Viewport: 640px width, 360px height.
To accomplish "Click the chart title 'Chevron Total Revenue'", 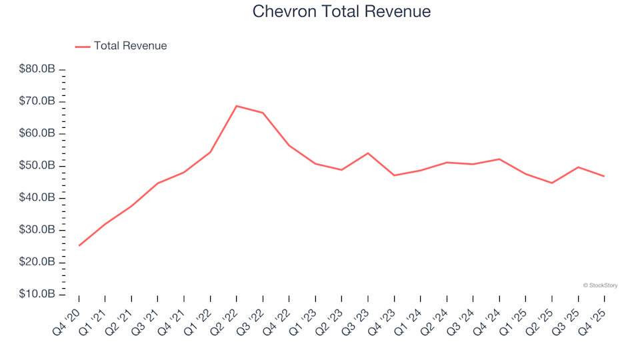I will (341, 12).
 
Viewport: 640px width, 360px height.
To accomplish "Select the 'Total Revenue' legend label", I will (130, 46).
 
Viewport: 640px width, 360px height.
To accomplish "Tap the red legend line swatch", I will (83, 47).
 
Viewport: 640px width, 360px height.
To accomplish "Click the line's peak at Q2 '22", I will (237, 106).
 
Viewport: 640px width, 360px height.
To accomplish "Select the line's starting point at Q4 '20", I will (79, 245).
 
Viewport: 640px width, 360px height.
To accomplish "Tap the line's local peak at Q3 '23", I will (368, 153).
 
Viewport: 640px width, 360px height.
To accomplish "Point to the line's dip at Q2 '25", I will (552, 183).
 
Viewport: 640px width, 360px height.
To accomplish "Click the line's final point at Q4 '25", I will (604, 176).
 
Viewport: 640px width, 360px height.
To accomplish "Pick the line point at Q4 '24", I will (499, 159).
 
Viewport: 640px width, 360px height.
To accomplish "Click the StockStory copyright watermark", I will (600, 285).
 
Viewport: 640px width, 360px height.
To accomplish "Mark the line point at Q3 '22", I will (263, 113).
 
